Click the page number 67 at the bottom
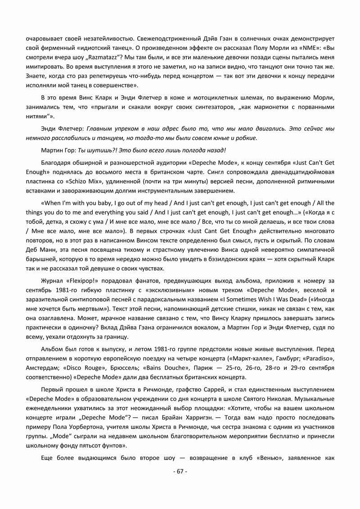(180, 471)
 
